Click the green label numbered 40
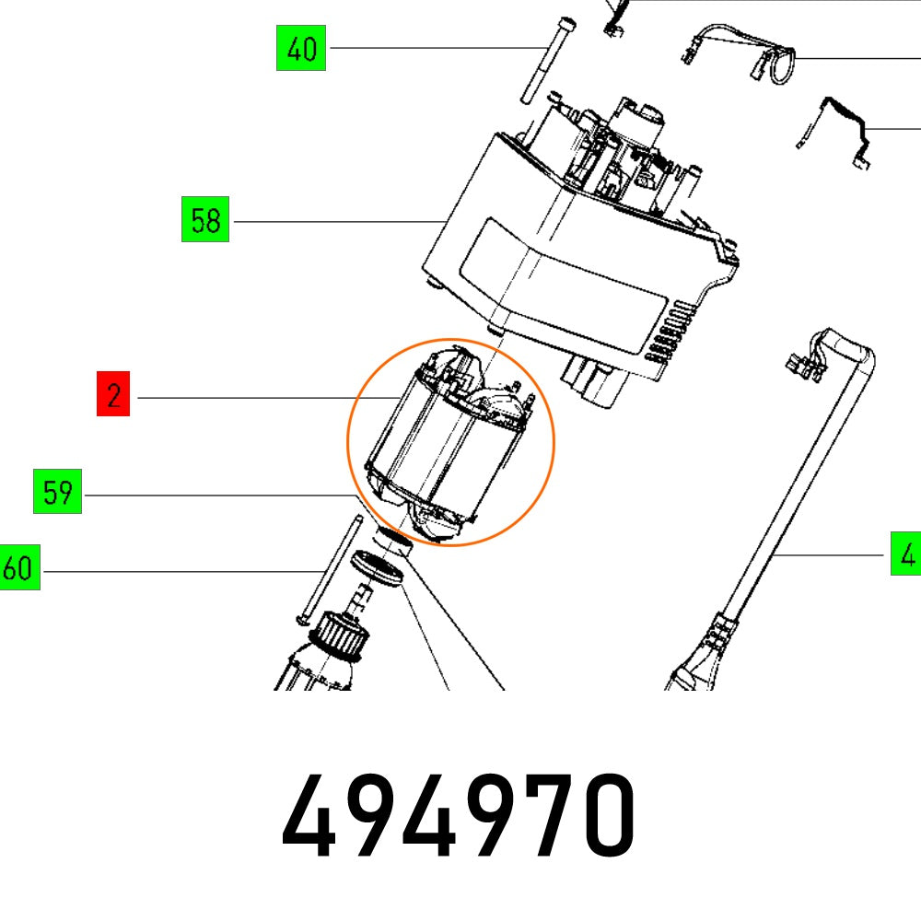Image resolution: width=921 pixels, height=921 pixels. pyautogui.click(x=301, y=49)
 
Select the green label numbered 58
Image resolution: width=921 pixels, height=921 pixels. pyautogui.click(x=205, y=221)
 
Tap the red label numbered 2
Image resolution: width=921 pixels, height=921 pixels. pyautogui.click(x=113, y=397)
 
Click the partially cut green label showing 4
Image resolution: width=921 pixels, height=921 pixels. pyautogui.click(x=906, y=554)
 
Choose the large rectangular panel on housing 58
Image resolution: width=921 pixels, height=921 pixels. pyautogui.click(x=562, y=276)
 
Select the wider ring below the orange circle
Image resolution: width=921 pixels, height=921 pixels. pyautogui.click(x=378, y=566)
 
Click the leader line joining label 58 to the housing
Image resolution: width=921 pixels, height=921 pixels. pyautogui.click(x=332, y=221)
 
